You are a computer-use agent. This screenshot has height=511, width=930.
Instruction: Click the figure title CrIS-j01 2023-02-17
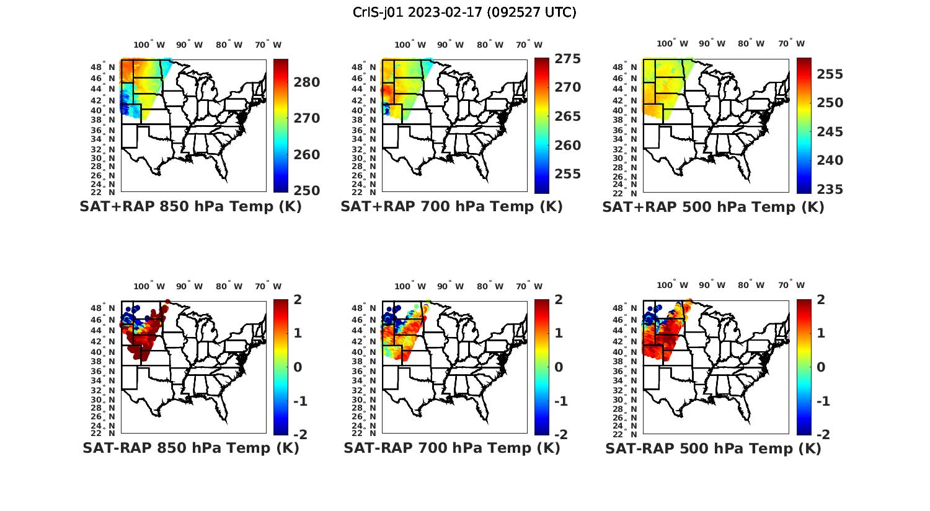[464, 12]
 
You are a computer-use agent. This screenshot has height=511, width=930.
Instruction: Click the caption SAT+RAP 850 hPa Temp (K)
[190, 207]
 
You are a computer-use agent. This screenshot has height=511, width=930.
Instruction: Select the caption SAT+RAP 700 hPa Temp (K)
[451, 207]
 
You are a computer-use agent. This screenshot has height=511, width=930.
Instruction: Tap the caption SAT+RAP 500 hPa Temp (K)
[713, 207]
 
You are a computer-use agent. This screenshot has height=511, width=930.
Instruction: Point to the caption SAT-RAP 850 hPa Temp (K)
[190, 448]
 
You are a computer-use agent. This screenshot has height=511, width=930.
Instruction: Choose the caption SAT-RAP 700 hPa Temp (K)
[451, 448]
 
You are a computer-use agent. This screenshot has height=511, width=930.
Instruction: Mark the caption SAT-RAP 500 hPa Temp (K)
[713, 448]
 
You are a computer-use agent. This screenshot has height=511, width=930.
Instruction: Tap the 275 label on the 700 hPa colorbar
[567, 59]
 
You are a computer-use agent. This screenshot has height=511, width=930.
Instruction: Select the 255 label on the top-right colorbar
[830, 74]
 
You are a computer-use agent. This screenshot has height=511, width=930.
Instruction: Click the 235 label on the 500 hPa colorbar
[830, 190]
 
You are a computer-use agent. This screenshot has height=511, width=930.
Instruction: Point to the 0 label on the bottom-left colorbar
[298, 367]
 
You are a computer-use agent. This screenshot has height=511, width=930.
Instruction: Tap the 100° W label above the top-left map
[149, 45]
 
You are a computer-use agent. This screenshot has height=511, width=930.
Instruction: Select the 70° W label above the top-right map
[791, 44]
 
